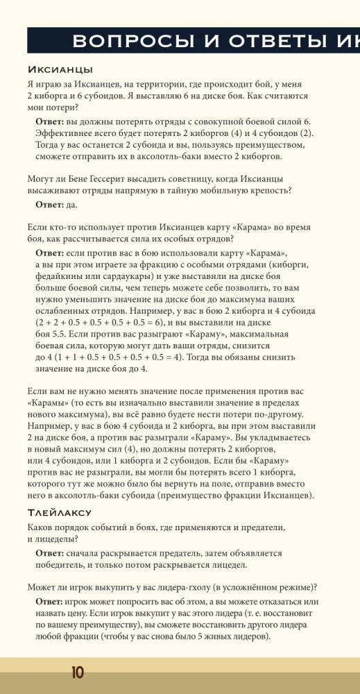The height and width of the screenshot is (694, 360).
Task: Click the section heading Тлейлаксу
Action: [60, 513]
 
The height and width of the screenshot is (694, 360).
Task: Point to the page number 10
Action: [77, 673]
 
